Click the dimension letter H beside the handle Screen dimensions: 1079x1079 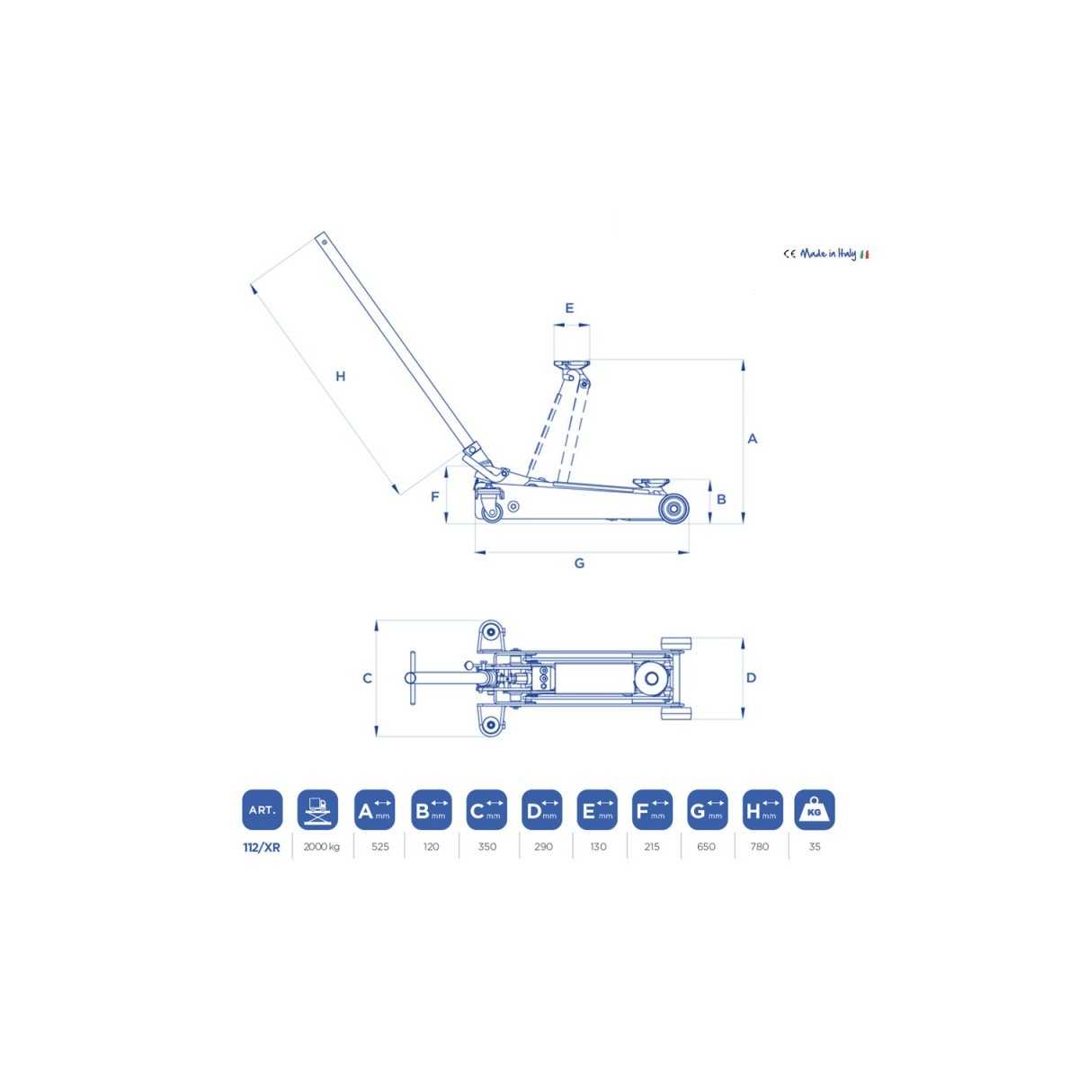coord(340,376)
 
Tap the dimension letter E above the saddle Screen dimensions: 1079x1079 coord(569,308)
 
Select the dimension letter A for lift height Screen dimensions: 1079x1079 coord(752,439)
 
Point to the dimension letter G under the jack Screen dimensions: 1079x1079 coord(579,563)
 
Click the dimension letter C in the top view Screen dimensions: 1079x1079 coord(367,678)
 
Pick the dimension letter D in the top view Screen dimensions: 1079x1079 coord(751,678)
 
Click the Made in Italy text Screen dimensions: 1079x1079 coord(827,254)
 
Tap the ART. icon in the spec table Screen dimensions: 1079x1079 coord(262,809)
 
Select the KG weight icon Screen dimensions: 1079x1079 coord(814,809)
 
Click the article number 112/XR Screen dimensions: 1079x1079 coord(262,847)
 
